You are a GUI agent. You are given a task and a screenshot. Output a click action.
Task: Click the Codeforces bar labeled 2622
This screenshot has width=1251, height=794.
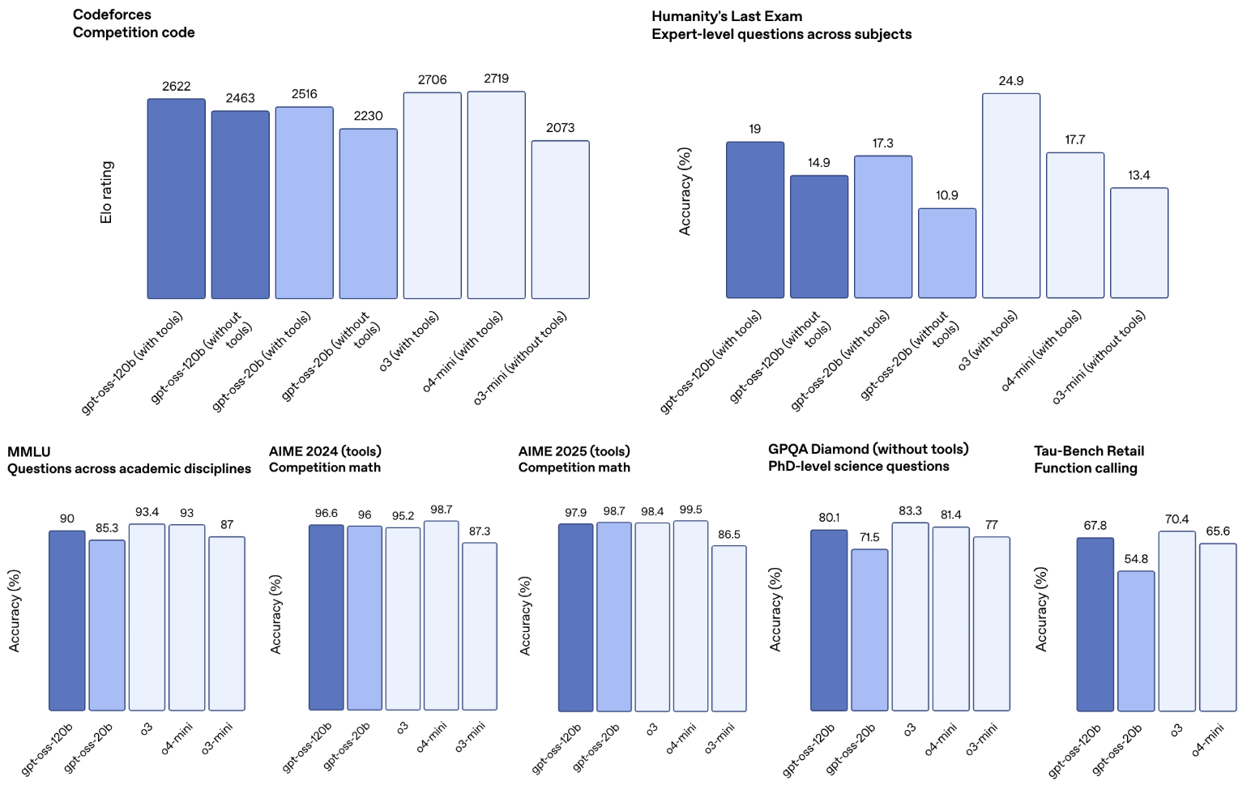tap(176, 198)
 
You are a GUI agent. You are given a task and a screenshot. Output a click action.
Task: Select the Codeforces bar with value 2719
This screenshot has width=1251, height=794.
tap(496, 195)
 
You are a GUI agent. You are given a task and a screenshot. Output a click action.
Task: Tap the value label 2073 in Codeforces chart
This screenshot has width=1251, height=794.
tap(560, 128)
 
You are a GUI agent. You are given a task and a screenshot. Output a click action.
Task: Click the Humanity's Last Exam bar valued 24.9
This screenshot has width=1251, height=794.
tap(1010, 195)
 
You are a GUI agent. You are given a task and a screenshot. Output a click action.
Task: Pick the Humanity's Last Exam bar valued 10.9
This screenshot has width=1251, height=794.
tap(946, 253)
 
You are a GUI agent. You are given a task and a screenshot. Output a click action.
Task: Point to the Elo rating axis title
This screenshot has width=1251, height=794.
tap(107, 192)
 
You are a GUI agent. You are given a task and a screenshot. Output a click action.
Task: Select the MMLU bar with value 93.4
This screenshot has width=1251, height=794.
tap(147, 617)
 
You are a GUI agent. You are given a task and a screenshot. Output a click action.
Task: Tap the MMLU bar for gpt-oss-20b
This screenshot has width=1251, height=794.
tap(107, 625)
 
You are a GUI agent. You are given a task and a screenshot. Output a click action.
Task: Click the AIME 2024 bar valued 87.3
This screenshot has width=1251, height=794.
tap(479, 626)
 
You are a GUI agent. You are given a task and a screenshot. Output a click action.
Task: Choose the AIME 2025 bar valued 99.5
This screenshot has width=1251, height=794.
tap(690, 616)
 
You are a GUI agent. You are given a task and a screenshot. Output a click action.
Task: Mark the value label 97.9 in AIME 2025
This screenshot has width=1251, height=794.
tap(575, 513)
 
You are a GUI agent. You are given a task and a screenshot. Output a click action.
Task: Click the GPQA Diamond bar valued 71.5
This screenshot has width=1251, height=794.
tap(869, 630)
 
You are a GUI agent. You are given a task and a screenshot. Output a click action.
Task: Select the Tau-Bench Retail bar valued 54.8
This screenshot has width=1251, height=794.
tap(1135, 641)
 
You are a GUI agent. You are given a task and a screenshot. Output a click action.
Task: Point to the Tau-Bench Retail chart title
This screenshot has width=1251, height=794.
tap(1088, 450)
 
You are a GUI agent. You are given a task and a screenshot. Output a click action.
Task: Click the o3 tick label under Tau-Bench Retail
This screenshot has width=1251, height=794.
tap(1176, 730)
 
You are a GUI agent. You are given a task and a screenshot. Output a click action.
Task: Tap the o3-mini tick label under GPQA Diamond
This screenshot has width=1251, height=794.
tap(981, 739)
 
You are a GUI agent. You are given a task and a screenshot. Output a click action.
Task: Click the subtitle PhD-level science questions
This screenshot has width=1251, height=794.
tap(858, 467)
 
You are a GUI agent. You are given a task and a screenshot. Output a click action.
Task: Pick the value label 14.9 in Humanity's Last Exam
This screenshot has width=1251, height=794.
tap(818, 163)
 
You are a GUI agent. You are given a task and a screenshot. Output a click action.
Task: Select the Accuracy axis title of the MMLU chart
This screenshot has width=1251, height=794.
tap(15, 611)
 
